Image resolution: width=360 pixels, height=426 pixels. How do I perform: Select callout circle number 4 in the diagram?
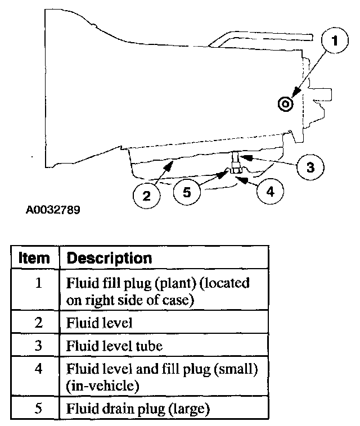pos(270,192)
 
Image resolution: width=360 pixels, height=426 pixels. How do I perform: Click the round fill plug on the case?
pos(285,103)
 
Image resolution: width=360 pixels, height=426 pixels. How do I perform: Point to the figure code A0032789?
pos(53,211)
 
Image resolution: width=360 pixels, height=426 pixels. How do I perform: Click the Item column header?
pos(34,259)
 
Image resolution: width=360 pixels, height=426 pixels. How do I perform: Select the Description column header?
pos(109,259)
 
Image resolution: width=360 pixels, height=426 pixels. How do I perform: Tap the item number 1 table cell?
pos(38,282)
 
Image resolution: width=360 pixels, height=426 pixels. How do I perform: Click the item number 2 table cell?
pos(38,323)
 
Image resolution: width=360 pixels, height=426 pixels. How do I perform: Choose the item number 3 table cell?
pos(38,346)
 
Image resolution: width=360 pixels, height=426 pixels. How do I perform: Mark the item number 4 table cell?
pos(38,369)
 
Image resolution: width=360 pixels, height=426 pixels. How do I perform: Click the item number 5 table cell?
pos(38,409)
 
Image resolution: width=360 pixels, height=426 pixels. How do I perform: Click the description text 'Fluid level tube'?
pos(114,346)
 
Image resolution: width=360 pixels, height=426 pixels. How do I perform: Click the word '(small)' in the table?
pos(237,369)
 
